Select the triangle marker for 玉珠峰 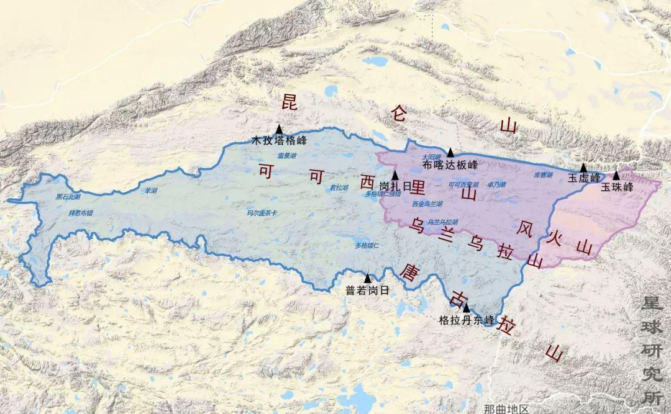[616, 176]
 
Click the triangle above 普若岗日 [368, 279]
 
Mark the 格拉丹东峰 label [467, 320]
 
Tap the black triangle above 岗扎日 [395, 176]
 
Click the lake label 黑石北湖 [68, 197]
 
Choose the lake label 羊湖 [151, 190]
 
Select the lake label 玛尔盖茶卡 [262, 213]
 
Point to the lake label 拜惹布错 [80, 212]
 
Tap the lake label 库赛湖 [543, 176]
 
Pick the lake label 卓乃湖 [496, 184]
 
